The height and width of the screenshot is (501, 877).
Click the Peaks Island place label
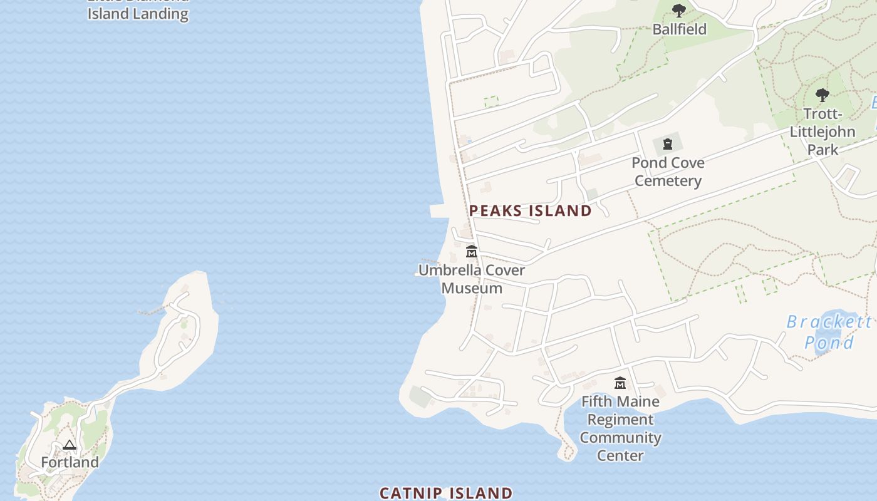[530, 210]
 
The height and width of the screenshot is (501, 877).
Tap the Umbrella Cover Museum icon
[472, 252]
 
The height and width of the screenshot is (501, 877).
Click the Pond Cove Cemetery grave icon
[668, 144]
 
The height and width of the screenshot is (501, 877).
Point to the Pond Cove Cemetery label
[668, 172]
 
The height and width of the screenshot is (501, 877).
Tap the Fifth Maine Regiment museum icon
[620, 383]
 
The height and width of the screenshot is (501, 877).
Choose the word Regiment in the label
[620, 420]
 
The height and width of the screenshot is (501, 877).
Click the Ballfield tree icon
[678, 11]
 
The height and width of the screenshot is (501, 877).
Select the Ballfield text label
[679, 29]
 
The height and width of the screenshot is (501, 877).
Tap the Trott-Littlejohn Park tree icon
[822, 95]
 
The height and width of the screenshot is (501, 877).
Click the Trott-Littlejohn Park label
[823, 132]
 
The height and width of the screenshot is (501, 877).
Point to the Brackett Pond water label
[829, 332]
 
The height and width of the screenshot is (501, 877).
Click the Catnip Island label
[446, 493]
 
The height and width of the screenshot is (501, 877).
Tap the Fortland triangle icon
[70, 445]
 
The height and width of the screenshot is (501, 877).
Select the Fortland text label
[70, 462]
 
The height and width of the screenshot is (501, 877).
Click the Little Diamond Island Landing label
[138, 13]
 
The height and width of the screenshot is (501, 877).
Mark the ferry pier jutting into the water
[439, 211]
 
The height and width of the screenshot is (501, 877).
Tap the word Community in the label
[620, 437]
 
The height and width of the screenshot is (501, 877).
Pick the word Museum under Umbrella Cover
[472, 288]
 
